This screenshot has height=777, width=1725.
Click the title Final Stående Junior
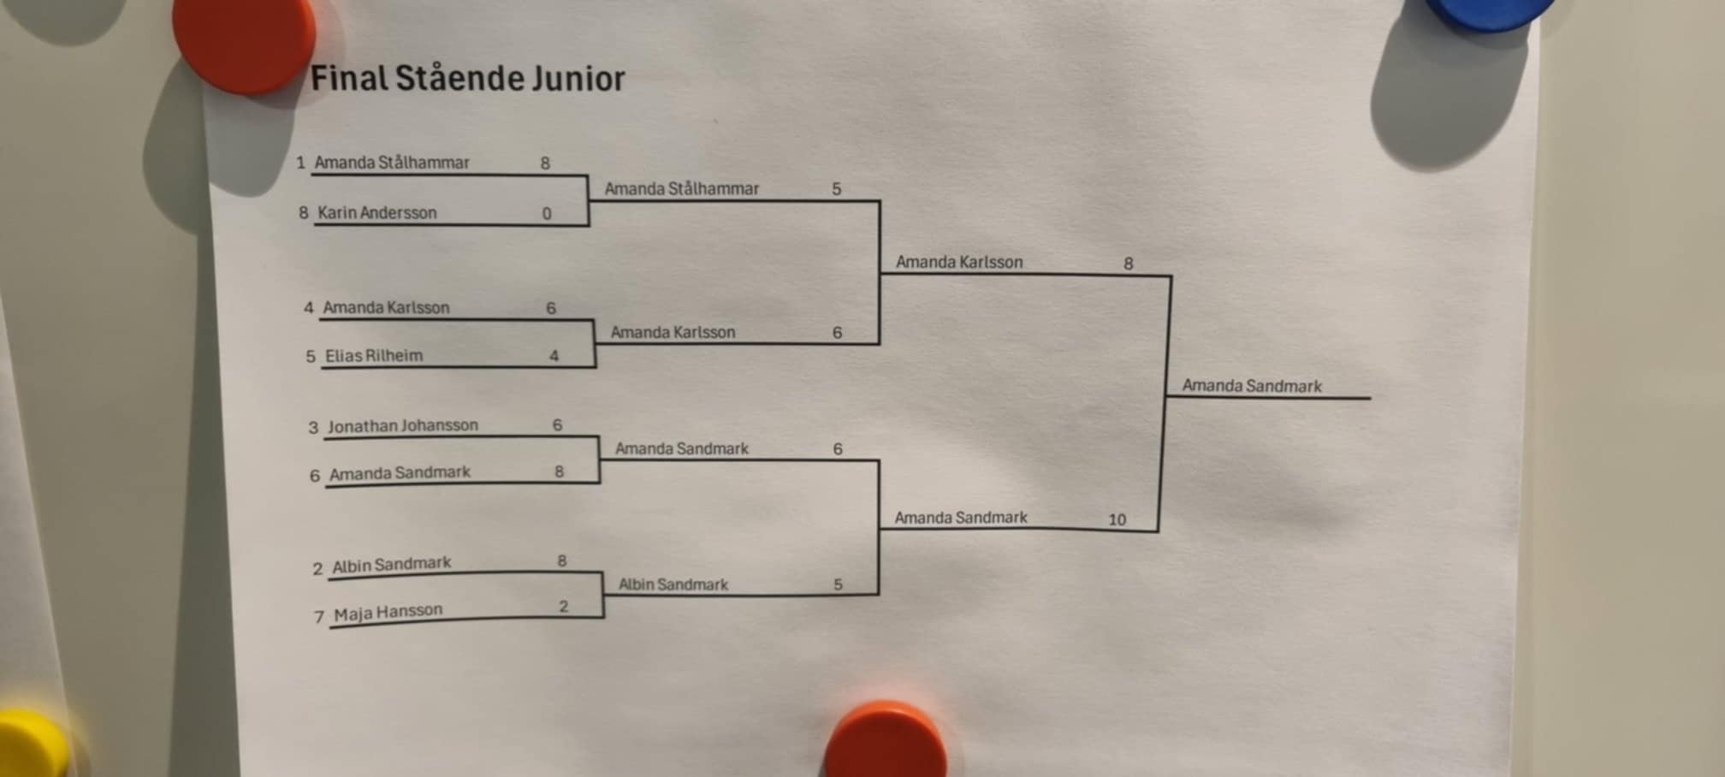(467, 79)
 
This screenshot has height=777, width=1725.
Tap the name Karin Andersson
(376, 213)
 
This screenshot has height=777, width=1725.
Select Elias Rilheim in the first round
(374, 356)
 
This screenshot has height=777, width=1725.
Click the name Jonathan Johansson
(402, 425)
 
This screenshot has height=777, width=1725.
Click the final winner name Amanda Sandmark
(1251, 386)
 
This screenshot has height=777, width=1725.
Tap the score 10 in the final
(1117, 519)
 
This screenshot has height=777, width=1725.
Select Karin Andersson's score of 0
(547, 214)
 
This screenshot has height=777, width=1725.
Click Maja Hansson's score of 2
(563, 607)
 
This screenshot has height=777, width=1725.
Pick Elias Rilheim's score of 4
(554, 356)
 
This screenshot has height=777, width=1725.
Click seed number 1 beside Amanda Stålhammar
(300, 163)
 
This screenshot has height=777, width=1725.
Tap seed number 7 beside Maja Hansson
(318, 617)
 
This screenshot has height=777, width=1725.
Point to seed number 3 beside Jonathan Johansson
(313, 428)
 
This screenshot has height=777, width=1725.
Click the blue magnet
(1490, 10)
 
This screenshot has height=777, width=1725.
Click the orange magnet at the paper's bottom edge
(886, 741)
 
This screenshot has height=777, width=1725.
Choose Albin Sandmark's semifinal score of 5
(838, 584)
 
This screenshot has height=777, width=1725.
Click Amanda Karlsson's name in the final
(958, 263)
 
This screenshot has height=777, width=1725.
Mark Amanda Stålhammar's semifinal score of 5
(836, 189)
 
